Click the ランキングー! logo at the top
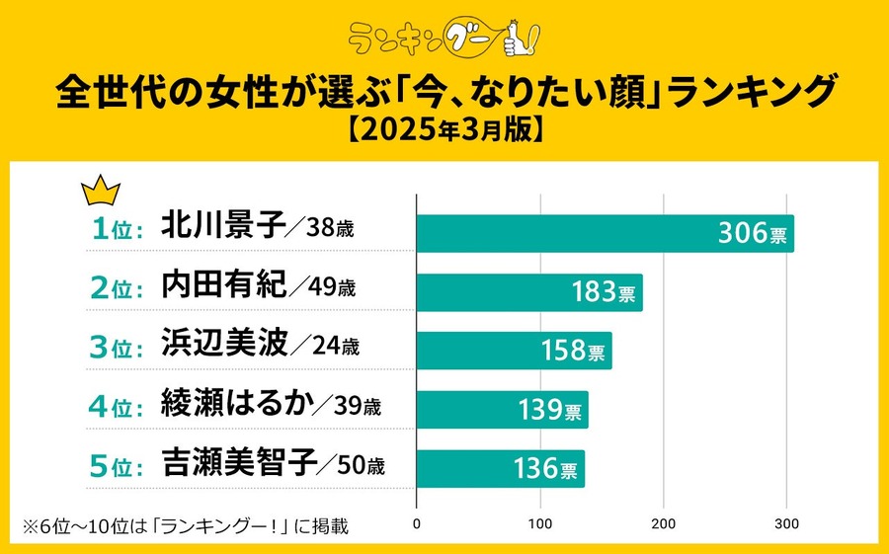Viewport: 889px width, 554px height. point(444,38)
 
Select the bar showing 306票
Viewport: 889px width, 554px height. point(605,234)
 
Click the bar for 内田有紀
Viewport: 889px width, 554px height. point(529,292)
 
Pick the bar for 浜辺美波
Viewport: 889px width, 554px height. point(514,351)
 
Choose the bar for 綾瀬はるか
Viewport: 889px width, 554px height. point(502,409)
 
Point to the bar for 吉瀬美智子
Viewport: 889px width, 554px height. point(501,468)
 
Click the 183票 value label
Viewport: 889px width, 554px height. point(603,293)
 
